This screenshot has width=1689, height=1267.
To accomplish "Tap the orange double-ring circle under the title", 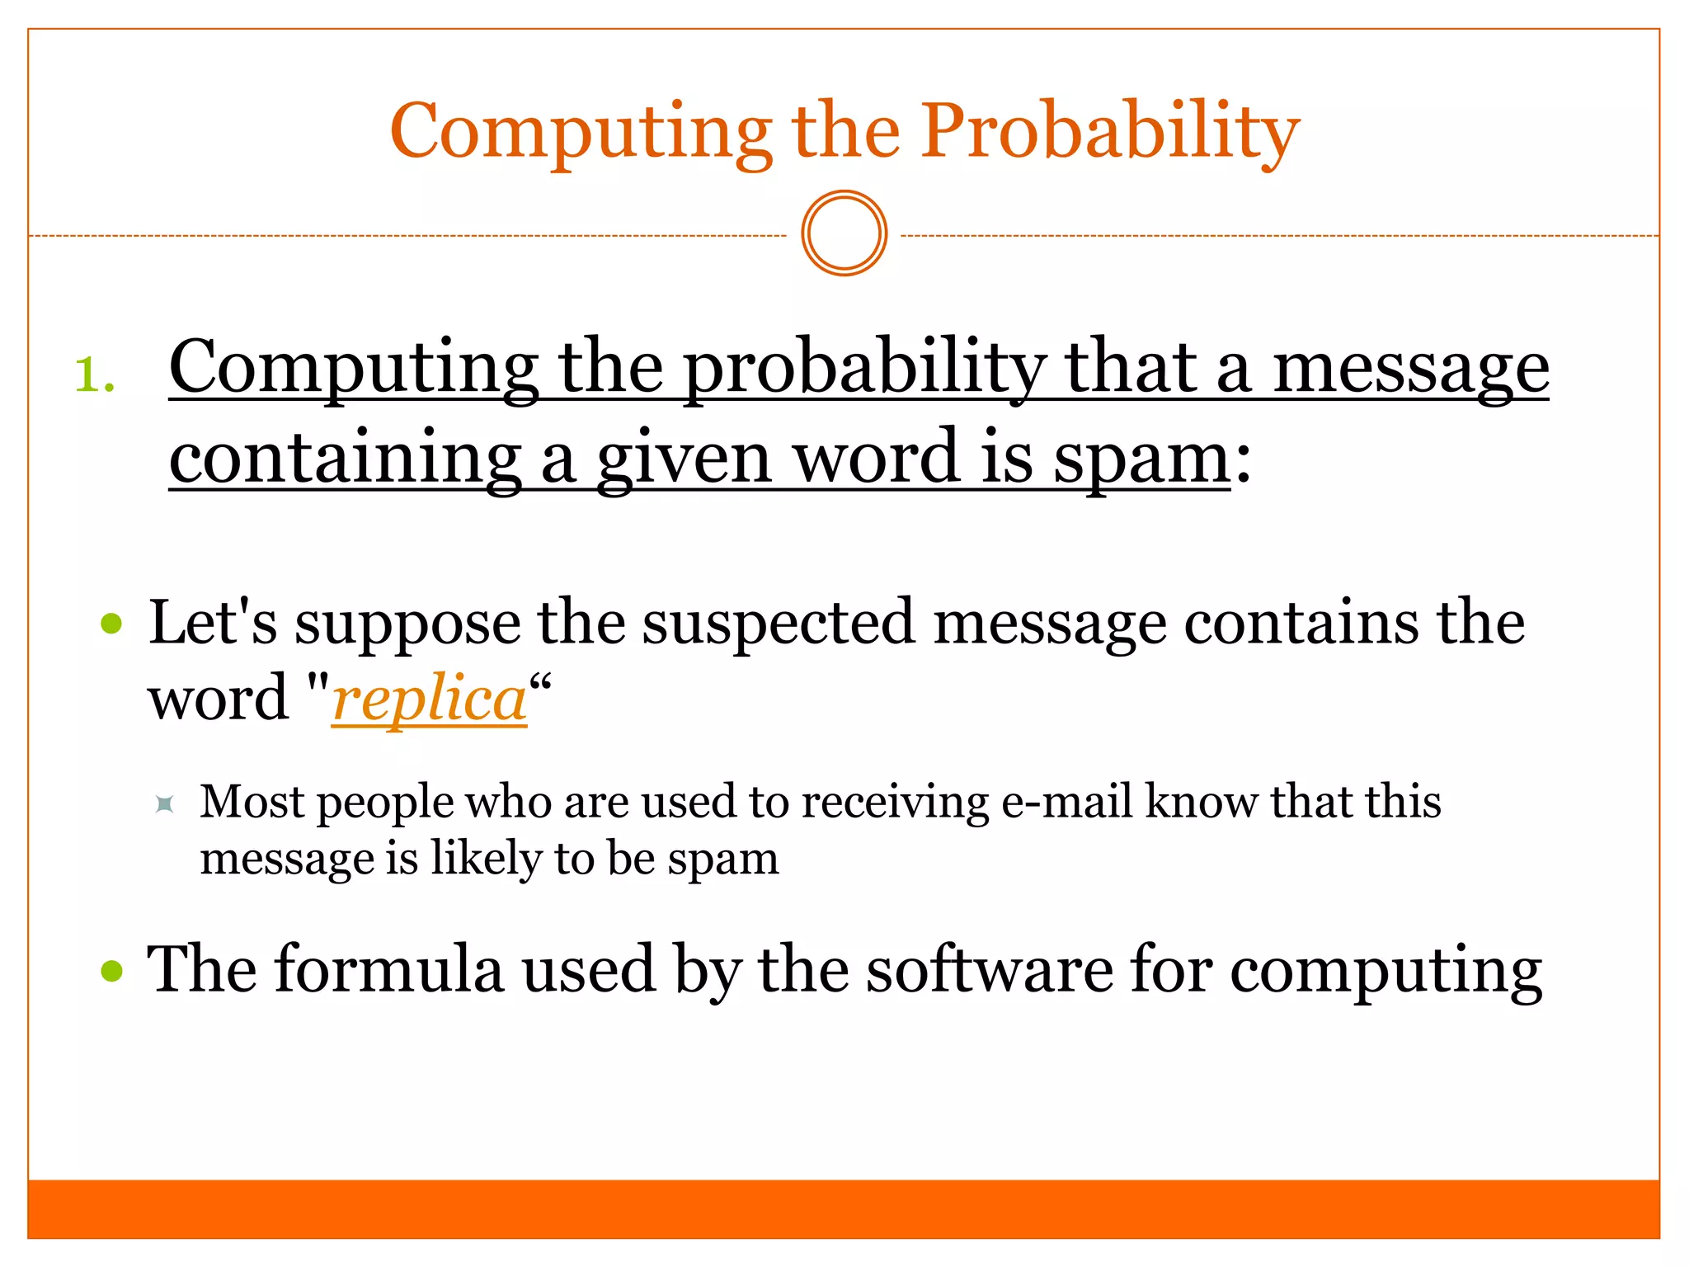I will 844,233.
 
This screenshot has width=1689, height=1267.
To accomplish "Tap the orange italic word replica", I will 429,699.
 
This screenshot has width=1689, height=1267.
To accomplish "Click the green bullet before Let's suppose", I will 111,624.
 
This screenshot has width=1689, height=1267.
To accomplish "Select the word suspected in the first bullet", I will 779,623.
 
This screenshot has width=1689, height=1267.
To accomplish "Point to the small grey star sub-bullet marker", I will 165,803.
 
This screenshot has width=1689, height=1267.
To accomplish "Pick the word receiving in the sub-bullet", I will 895,802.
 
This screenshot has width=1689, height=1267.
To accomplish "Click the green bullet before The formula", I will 111,971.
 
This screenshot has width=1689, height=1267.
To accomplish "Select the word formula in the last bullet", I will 389,969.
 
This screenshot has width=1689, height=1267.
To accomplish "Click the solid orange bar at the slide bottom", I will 844,1208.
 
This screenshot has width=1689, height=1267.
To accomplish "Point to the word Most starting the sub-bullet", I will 252,802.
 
